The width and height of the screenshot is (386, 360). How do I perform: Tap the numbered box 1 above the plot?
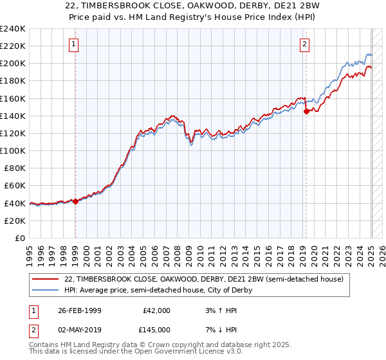tap(75, 44)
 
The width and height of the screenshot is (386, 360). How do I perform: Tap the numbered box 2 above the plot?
tap(304, 44)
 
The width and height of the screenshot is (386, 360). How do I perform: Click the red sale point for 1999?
tap(75, 201)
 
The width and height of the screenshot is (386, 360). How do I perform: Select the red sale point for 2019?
tap(306, 111)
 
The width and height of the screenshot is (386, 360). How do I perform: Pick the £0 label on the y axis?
tap(19, 238)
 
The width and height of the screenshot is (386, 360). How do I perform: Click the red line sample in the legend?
tap(46, 279)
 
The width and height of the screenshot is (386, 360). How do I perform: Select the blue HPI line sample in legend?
tap(46, 290)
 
